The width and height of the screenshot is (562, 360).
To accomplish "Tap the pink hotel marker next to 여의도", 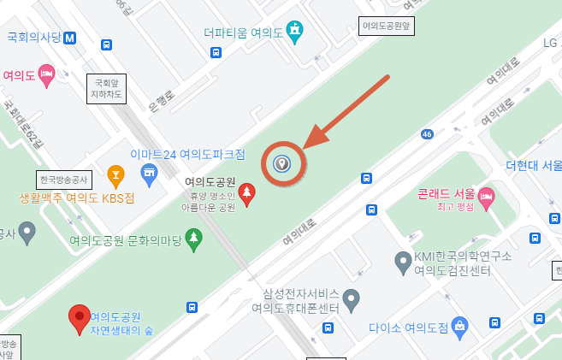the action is [46, 74].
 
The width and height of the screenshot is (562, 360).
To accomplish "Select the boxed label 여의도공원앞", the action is [387, 27].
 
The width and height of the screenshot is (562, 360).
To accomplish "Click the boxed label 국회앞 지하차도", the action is [108, 88].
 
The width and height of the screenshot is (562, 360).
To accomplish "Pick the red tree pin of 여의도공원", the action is [247, 194].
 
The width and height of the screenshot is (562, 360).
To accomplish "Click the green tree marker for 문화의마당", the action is [194, 239].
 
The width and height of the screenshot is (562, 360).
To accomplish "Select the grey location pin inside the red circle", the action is [282, 162].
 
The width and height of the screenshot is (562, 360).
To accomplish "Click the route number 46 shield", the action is [426, 133].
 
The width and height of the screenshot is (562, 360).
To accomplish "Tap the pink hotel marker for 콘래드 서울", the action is [487, 198].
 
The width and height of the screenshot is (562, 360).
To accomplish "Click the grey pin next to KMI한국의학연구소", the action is [403, 263].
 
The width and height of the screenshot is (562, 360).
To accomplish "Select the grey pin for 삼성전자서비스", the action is [352, 300].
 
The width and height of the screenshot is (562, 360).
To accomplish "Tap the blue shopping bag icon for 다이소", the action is [460, 326].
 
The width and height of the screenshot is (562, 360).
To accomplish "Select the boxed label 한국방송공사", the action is [63, 180].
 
